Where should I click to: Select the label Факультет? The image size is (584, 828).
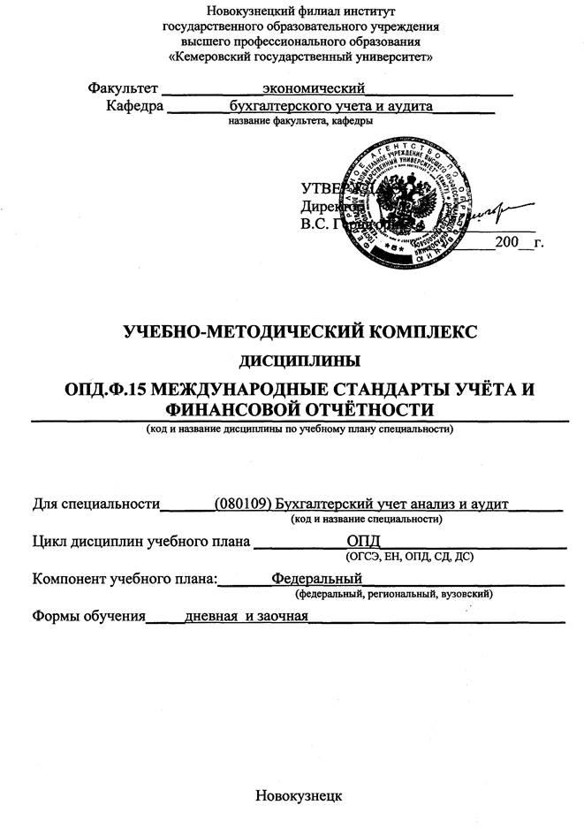pos(123,88)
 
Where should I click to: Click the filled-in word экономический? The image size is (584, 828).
pos(314,88)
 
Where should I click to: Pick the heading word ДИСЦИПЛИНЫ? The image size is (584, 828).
pos(300,360)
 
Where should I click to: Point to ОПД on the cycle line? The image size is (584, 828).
pos(362,541)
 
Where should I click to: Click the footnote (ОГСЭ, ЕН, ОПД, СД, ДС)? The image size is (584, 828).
pos(410,557)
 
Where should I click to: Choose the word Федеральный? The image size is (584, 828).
pos(317,578)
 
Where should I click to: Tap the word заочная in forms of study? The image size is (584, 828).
pos(278,616)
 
